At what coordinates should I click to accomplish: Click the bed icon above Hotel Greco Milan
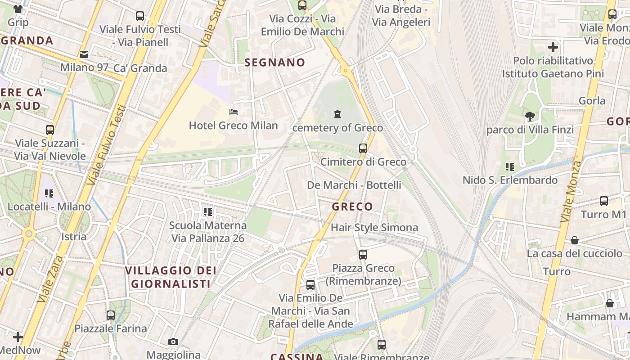(233, 112)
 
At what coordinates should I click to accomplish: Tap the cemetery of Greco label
(337, 128)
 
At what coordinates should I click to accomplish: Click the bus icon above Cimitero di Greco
(363, 148)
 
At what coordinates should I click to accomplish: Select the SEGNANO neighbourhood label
(274, 63)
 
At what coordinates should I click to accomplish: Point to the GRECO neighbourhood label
(352, 207)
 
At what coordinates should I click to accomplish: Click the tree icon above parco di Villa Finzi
(530, 117)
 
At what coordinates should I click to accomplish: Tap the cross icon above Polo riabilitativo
(553, 47)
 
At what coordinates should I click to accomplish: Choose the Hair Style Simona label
(374, 228)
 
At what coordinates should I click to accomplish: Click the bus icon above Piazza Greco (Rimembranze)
(363, 255)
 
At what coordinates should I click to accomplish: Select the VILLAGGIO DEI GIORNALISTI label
(171, 277)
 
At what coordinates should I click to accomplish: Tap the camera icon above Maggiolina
(173, 342)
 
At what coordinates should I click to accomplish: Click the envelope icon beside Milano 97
(84, 54)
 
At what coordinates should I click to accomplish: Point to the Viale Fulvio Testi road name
(107, 145)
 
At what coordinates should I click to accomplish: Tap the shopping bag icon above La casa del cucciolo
(574, 241)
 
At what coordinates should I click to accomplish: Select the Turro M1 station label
(603, 214)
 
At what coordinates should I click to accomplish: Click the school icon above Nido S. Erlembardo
(509, 167)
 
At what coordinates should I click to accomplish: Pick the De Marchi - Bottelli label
(354, 185)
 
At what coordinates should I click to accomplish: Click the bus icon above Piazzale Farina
(111, 315)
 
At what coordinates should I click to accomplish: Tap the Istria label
(74, 237)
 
